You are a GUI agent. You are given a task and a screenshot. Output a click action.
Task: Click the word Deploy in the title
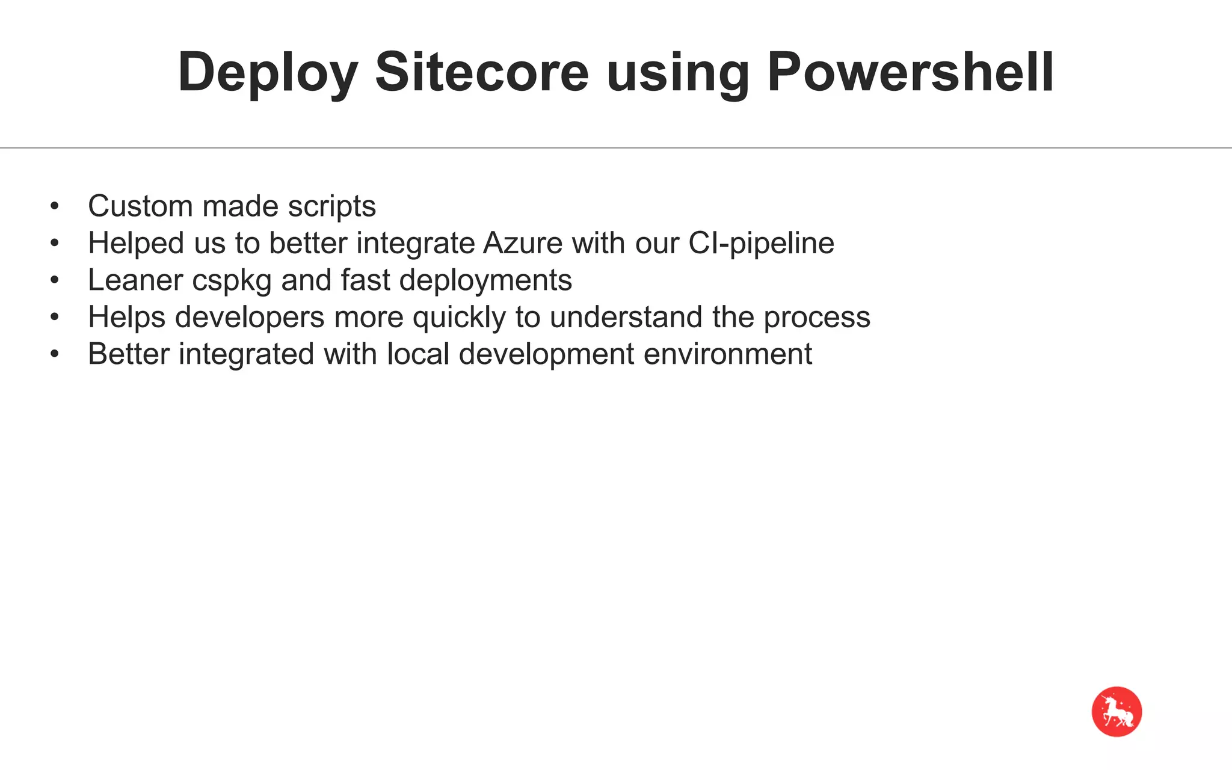pos(268,73)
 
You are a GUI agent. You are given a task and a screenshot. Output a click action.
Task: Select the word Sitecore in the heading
pos(482,73)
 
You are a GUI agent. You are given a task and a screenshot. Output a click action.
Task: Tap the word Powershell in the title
pos(910,73)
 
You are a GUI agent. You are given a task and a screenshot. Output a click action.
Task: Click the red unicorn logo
pos(1116,712)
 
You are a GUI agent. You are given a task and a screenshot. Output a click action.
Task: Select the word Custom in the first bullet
pos(140,206)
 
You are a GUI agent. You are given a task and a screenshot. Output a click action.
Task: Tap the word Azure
pos(523,244)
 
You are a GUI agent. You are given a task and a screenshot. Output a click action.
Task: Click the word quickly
pos(459,318)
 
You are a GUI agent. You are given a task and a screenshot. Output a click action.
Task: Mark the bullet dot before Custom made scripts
pos(55,207)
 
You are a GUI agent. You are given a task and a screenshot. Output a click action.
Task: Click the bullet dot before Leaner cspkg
pos(55,281)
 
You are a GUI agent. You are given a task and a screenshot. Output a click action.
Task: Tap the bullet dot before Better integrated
pos(55,354)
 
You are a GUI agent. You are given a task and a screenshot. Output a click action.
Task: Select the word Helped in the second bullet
pos(136,244)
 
